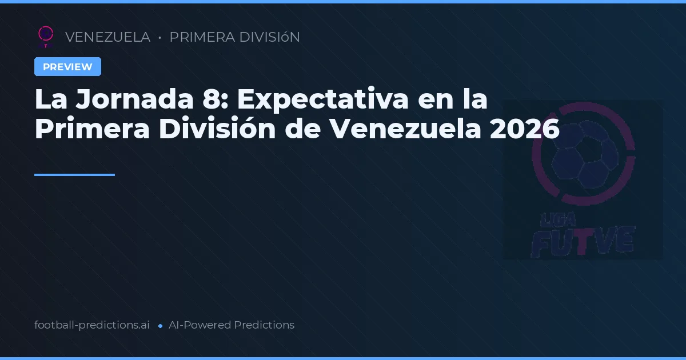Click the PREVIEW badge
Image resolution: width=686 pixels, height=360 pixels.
coord(67,67)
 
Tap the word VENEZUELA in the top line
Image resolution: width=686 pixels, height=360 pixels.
coord(107,37)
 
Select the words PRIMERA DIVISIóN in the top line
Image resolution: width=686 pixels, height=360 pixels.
coord(234,37)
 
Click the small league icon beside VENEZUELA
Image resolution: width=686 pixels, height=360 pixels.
coord(45,36)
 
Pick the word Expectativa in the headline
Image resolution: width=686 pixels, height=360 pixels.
coord(322,99)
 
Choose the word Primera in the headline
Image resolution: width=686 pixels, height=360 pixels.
coord(92,129)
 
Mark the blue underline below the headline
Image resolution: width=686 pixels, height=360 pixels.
coord(74,175)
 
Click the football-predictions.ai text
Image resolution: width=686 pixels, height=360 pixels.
coord(92,325)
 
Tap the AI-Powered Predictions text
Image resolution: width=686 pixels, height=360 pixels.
coord(232,325)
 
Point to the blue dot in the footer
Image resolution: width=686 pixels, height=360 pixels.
coord(161,326)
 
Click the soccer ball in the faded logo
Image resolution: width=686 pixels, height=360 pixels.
coord(583,154)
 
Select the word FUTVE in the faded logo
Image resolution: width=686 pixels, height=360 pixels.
coord(583,240)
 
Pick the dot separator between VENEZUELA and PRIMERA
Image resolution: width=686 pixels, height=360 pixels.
coord(159,38)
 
